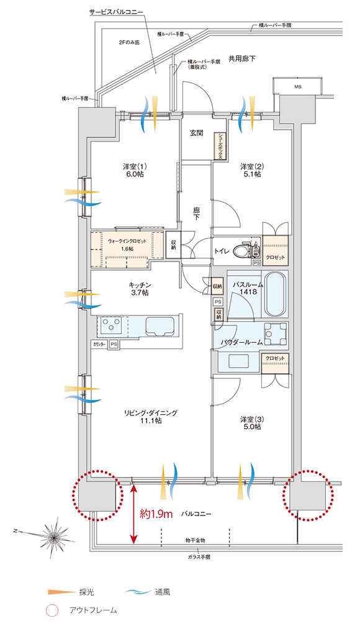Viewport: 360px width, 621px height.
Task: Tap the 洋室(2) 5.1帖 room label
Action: (x=251, y=170)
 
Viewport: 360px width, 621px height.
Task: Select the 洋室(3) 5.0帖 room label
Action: (x=251, y=423)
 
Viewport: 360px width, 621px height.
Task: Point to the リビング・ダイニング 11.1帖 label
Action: (x=151, y=416)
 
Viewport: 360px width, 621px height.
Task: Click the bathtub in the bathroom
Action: (x=276, y=294)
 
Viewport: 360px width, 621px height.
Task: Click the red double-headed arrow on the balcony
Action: (x=132, y=514)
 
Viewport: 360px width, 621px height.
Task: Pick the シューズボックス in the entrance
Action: (x=219, y=148)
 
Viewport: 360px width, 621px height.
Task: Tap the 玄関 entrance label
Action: (x=197, y=133)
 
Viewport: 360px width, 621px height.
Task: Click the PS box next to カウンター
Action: (x=114, y=344)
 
